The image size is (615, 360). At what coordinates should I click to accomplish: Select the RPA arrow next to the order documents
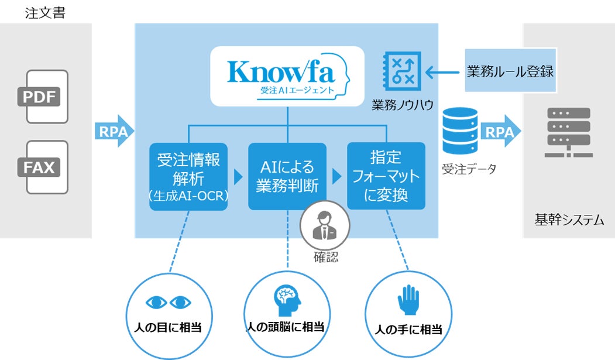click(x=114, y=132)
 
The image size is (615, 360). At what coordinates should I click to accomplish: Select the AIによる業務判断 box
click(x=287, y=176)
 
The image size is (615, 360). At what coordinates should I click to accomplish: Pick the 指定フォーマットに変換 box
click(x=386, y=176)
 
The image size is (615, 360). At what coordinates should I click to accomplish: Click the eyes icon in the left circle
click(x=168, y=302)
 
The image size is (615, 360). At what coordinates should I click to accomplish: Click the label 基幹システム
click(x=569, y=220)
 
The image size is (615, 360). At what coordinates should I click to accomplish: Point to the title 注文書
click(x=45, y=13)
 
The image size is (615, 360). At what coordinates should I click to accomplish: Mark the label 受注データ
click(x=469, y=169)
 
